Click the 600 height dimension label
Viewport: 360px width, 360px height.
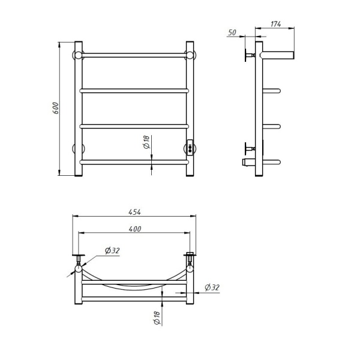coord(56,108)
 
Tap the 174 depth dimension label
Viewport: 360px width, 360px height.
coord(275,24)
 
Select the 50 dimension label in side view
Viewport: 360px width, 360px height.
coord(232,32)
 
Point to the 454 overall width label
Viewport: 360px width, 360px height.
coord(134,212)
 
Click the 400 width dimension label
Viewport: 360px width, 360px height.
coord(135,229)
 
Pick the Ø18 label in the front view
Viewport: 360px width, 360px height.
coord(146,142)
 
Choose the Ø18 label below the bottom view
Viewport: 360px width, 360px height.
coord(157,318)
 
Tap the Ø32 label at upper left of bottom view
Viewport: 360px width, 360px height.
coord(112,250)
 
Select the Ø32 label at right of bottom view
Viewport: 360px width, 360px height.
coord(212,287)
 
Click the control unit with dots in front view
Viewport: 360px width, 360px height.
coord(190,148)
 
